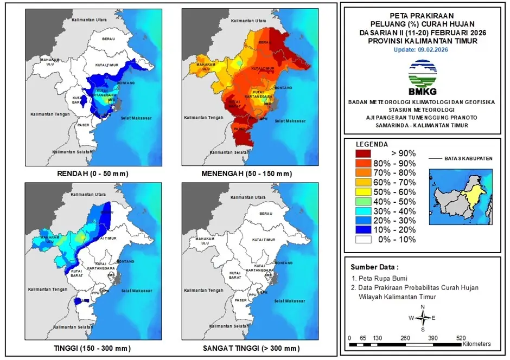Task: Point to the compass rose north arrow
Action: pos(423,312)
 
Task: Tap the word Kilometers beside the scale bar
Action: pos(477,344)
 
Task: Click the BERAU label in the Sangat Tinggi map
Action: pos(265,214)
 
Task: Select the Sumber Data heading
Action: pos(374,267)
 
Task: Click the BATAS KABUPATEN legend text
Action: pos(468,158)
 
